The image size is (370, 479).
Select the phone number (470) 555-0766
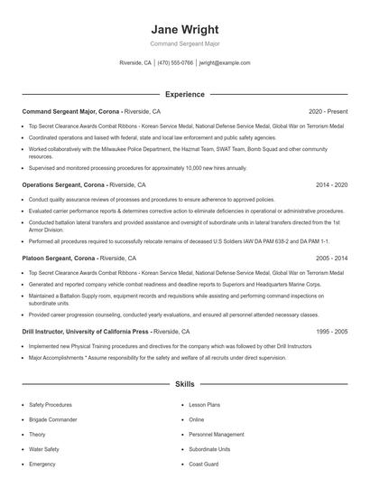point(176,63)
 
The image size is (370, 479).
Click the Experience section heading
point(185,94)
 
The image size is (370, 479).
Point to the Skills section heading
point(185,384)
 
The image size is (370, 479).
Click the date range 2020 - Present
point(328,110)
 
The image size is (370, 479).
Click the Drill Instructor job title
point(45,332)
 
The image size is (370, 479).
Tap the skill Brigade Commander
point(53,419)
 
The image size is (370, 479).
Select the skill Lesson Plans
point(204,405)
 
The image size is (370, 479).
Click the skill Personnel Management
point(217,435)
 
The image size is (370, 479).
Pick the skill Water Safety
point(45,449)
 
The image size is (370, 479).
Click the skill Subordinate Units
point(210,449)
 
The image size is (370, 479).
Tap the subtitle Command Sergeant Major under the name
point(185,43)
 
